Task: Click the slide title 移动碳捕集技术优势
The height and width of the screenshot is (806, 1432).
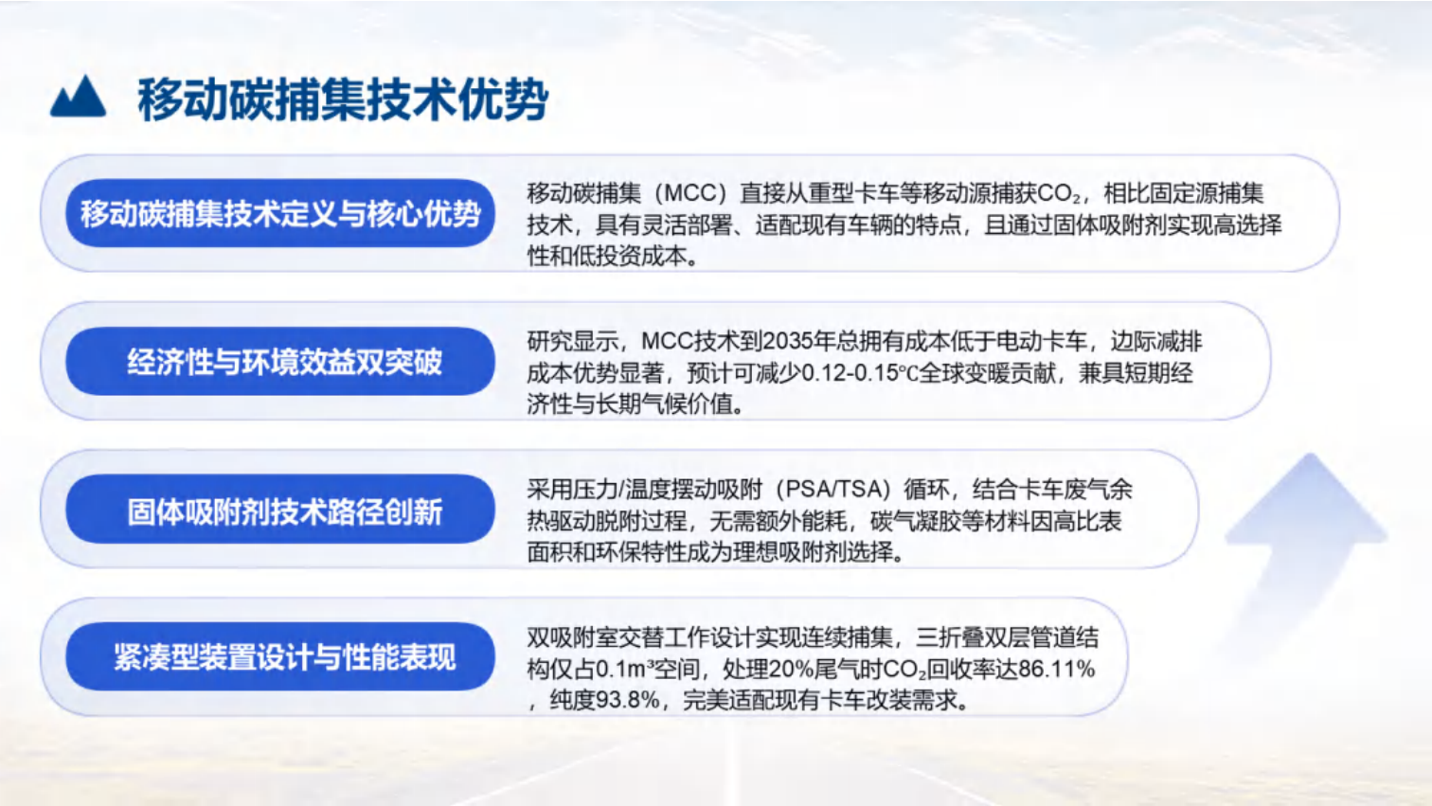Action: coord(343,99)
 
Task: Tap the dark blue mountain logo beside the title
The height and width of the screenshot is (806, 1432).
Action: coord(78,97)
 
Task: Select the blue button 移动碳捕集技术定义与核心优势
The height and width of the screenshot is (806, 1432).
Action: coord(280,213)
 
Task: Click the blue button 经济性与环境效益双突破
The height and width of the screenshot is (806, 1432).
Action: coord(280,361)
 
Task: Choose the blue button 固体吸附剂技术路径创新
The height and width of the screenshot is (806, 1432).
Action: coord(280,510)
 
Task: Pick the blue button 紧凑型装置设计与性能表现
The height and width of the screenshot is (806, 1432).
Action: coord(280,656)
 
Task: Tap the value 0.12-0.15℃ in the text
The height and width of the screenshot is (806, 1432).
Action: coord(860,373)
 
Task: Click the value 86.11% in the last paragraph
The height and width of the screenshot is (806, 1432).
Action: coord(1057,669)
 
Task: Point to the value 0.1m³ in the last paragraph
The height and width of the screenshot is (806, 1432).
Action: coord(615,669)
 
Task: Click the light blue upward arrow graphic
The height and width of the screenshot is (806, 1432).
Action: coord(1307,530)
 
